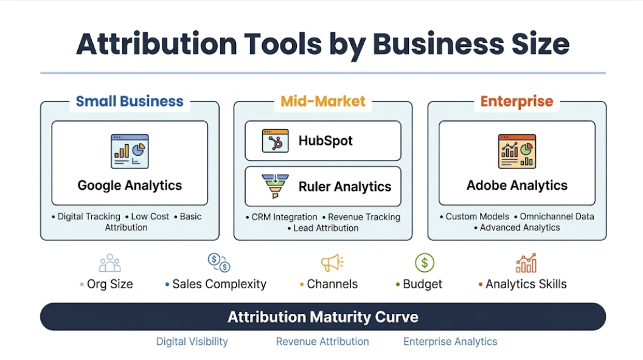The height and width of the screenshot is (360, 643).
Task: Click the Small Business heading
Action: point(130,102)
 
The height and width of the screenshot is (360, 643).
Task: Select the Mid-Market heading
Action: point(323,102)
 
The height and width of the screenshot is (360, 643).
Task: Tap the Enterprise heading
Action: point(516,102)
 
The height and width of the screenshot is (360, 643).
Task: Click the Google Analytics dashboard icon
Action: point(130,151)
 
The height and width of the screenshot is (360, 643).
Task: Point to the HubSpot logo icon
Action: point(275,140)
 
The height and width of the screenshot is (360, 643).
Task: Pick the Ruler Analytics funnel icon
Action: point(275,186)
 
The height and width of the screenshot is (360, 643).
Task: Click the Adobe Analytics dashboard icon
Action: point(516,151)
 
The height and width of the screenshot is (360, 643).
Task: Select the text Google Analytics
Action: point(130,185)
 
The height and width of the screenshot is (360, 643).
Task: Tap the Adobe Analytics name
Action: point(516,185)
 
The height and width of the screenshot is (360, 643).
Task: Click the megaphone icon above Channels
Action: point(332,263)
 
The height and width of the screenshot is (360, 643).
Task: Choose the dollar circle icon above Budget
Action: point(425,263)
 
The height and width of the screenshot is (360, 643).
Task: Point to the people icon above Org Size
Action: point(110,263)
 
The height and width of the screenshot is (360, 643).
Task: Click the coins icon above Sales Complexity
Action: point(218,263)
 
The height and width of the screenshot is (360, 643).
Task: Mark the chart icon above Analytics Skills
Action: point(526,263)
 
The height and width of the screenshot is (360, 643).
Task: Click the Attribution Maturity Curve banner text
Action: point(323,317)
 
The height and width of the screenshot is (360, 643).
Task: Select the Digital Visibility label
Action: point(192,342)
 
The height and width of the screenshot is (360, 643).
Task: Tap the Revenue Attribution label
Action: point(322,342)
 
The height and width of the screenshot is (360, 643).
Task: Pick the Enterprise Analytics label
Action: point(450,342)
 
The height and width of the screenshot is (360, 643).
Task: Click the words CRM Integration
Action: point(284,217)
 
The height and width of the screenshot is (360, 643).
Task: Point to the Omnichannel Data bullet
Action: point(557,216)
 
